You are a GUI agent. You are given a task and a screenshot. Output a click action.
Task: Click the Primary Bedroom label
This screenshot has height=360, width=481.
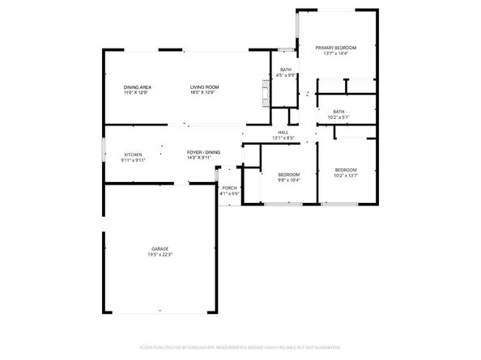point(335,48)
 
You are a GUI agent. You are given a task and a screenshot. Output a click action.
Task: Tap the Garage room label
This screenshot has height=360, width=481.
point(160,248)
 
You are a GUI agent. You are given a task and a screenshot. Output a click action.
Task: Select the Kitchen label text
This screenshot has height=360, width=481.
point(133,155)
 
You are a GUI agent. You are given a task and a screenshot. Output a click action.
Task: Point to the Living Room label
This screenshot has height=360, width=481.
point(204,87)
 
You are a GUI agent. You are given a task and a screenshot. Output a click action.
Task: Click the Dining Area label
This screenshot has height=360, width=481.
point(138,87)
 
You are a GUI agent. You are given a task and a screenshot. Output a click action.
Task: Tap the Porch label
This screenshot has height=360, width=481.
point(229,188)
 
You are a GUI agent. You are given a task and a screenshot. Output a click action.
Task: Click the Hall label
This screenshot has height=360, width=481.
point(283,133)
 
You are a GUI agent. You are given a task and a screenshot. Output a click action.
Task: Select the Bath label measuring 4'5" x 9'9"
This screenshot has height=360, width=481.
point(286,70)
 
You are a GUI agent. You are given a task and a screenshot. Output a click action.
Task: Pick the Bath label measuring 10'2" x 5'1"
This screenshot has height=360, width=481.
point(338,112)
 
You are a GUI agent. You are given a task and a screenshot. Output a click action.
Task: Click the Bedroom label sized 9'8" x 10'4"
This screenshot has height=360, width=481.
point(289,175)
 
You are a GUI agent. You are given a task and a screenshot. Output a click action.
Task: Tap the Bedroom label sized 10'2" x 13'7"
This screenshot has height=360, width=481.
point(346,169)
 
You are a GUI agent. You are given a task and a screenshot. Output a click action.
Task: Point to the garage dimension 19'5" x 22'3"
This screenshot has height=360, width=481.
point(160,255)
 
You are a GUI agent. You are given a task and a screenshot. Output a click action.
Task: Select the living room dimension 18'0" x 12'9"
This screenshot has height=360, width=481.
point(205,92)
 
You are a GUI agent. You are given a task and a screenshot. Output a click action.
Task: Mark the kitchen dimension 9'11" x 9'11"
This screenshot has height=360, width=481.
point(133,160)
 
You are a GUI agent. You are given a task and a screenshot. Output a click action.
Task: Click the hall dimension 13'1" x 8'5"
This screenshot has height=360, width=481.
point(283,138)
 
